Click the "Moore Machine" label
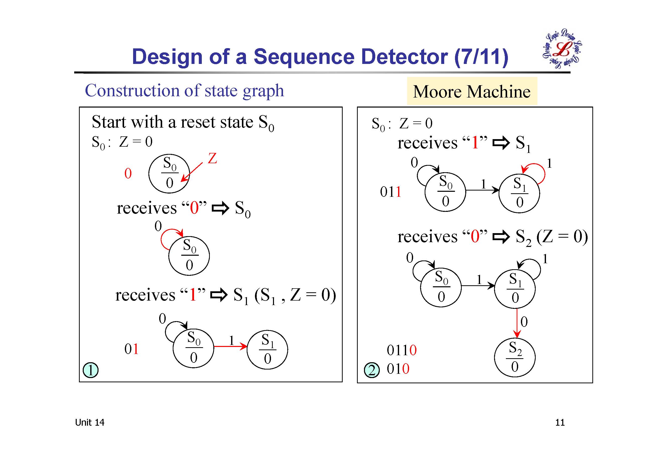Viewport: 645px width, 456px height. [472, 92]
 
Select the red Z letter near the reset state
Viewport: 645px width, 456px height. [212, 158]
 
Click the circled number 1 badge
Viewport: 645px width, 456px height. [90, 370]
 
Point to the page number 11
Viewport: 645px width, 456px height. [560, 423]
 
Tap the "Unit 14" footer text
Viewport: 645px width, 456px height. [89, 423]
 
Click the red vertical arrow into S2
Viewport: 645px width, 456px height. [517, 323]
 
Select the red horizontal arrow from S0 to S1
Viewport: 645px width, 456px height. [230, 346]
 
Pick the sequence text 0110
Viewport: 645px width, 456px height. [401, 350]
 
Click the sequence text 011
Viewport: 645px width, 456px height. [391, 192]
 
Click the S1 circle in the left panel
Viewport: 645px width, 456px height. [267, 350]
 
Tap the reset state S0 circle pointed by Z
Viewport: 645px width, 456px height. [169, 174]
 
